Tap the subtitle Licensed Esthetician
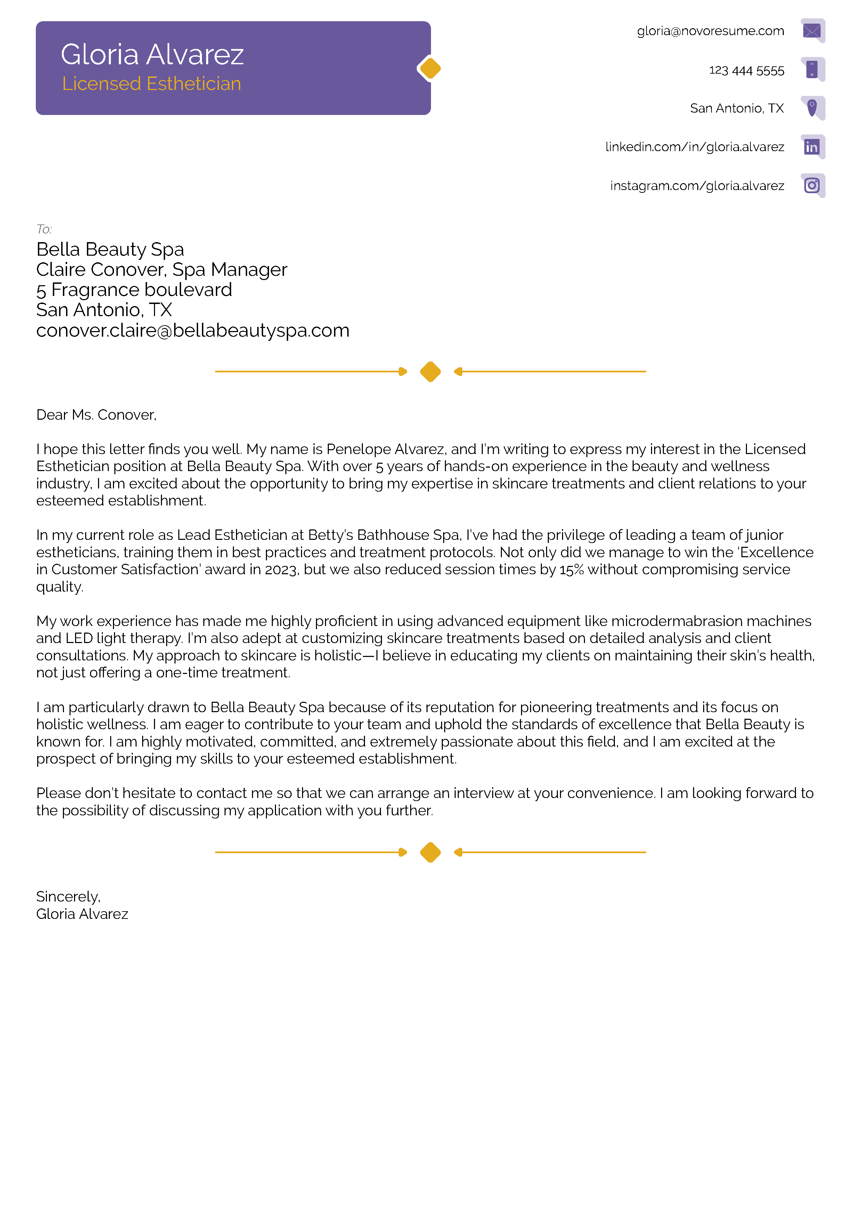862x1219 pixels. (x=151, y=84)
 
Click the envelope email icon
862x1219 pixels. (x=812, y=31)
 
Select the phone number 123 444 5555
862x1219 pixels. (x=746, y=71)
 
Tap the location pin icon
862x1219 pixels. (x=812, y=108)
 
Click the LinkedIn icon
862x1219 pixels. (x=812, y=147)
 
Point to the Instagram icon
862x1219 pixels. (x=812, y=185)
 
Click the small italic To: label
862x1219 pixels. (x=44, y=229)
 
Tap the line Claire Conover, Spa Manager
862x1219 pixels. (x=162, y=270)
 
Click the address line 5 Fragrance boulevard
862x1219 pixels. (x=134, y=290)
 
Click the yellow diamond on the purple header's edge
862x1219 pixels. (x=430, y=68)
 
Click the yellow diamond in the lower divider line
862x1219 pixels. (x=430, y=852)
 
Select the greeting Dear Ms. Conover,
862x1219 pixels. (x=96, y=415)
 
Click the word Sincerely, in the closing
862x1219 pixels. (x=68, y=897)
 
